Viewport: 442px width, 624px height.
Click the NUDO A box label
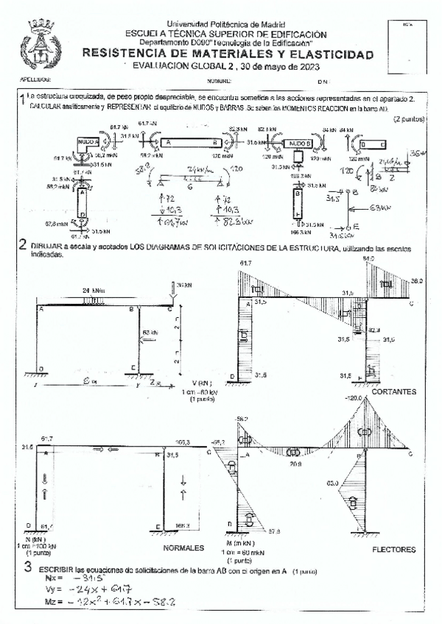pyautogui.click(x=87, y=141)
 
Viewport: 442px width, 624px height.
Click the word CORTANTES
pyautogui.click(x=394, y=391)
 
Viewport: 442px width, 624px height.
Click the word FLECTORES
pyautogui.click(x=394, y=549)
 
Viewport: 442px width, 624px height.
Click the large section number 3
pyautogui.click(x=27, y=567)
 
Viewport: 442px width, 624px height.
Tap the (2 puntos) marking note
pyautogui.click(x=407, y=118)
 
